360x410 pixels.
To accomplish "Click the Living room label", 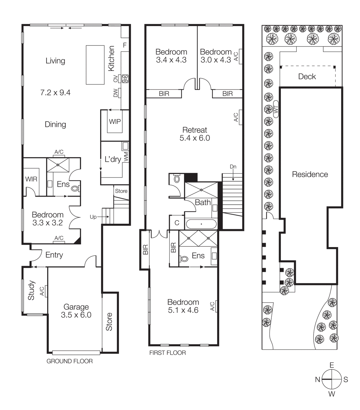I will [x=55, y=61].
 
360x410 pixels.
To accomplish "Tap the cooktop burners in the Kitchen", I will [x=125, y=79].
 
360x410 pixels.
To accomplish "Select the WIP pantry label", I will [x=115, y=122].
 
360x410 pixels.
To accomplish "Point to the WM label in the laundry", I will [x=126, y=157].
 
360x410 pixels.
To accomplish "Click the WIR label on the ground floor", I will [x=31, y=179].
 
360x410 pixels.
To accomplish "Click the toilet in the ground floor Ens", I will [x=75, y=189].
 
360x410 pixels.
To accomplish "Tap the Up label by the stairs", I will [x=93, y=217].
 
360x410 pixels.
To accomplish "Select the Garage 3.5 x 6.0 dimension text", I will [x=76, y=315].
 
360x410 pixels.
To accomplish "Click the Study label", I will [x=31, y=290].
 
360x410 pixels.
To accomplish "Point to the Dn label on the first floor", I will [x=233, y=167].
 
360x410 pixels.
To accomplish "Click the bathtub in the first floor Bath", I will [x=201, y=224].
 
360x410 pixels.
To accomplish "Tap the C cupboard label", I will [x=177, y=223].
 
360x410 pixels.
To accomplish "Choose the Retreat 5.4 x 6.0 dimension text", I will [x=195, y=138].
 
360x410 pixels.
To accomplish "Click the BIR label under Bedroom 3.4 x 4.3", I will [x=164, y=94].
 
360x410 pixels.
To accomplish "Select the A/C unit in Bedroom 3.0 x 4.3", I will [x=240, y=57].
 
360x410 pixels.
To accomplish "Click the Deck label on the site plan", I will [x=307, y=77].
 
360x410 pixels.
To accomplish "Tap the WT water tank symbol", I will [x=276, y=109].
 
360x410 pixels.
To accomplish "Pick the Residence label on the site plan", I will [x=310, y=175].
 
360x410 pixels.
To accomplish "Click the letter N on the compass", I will [x=317, y=380].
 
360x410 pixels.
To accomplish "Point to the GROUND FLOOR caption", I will [x=69, y=361].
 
